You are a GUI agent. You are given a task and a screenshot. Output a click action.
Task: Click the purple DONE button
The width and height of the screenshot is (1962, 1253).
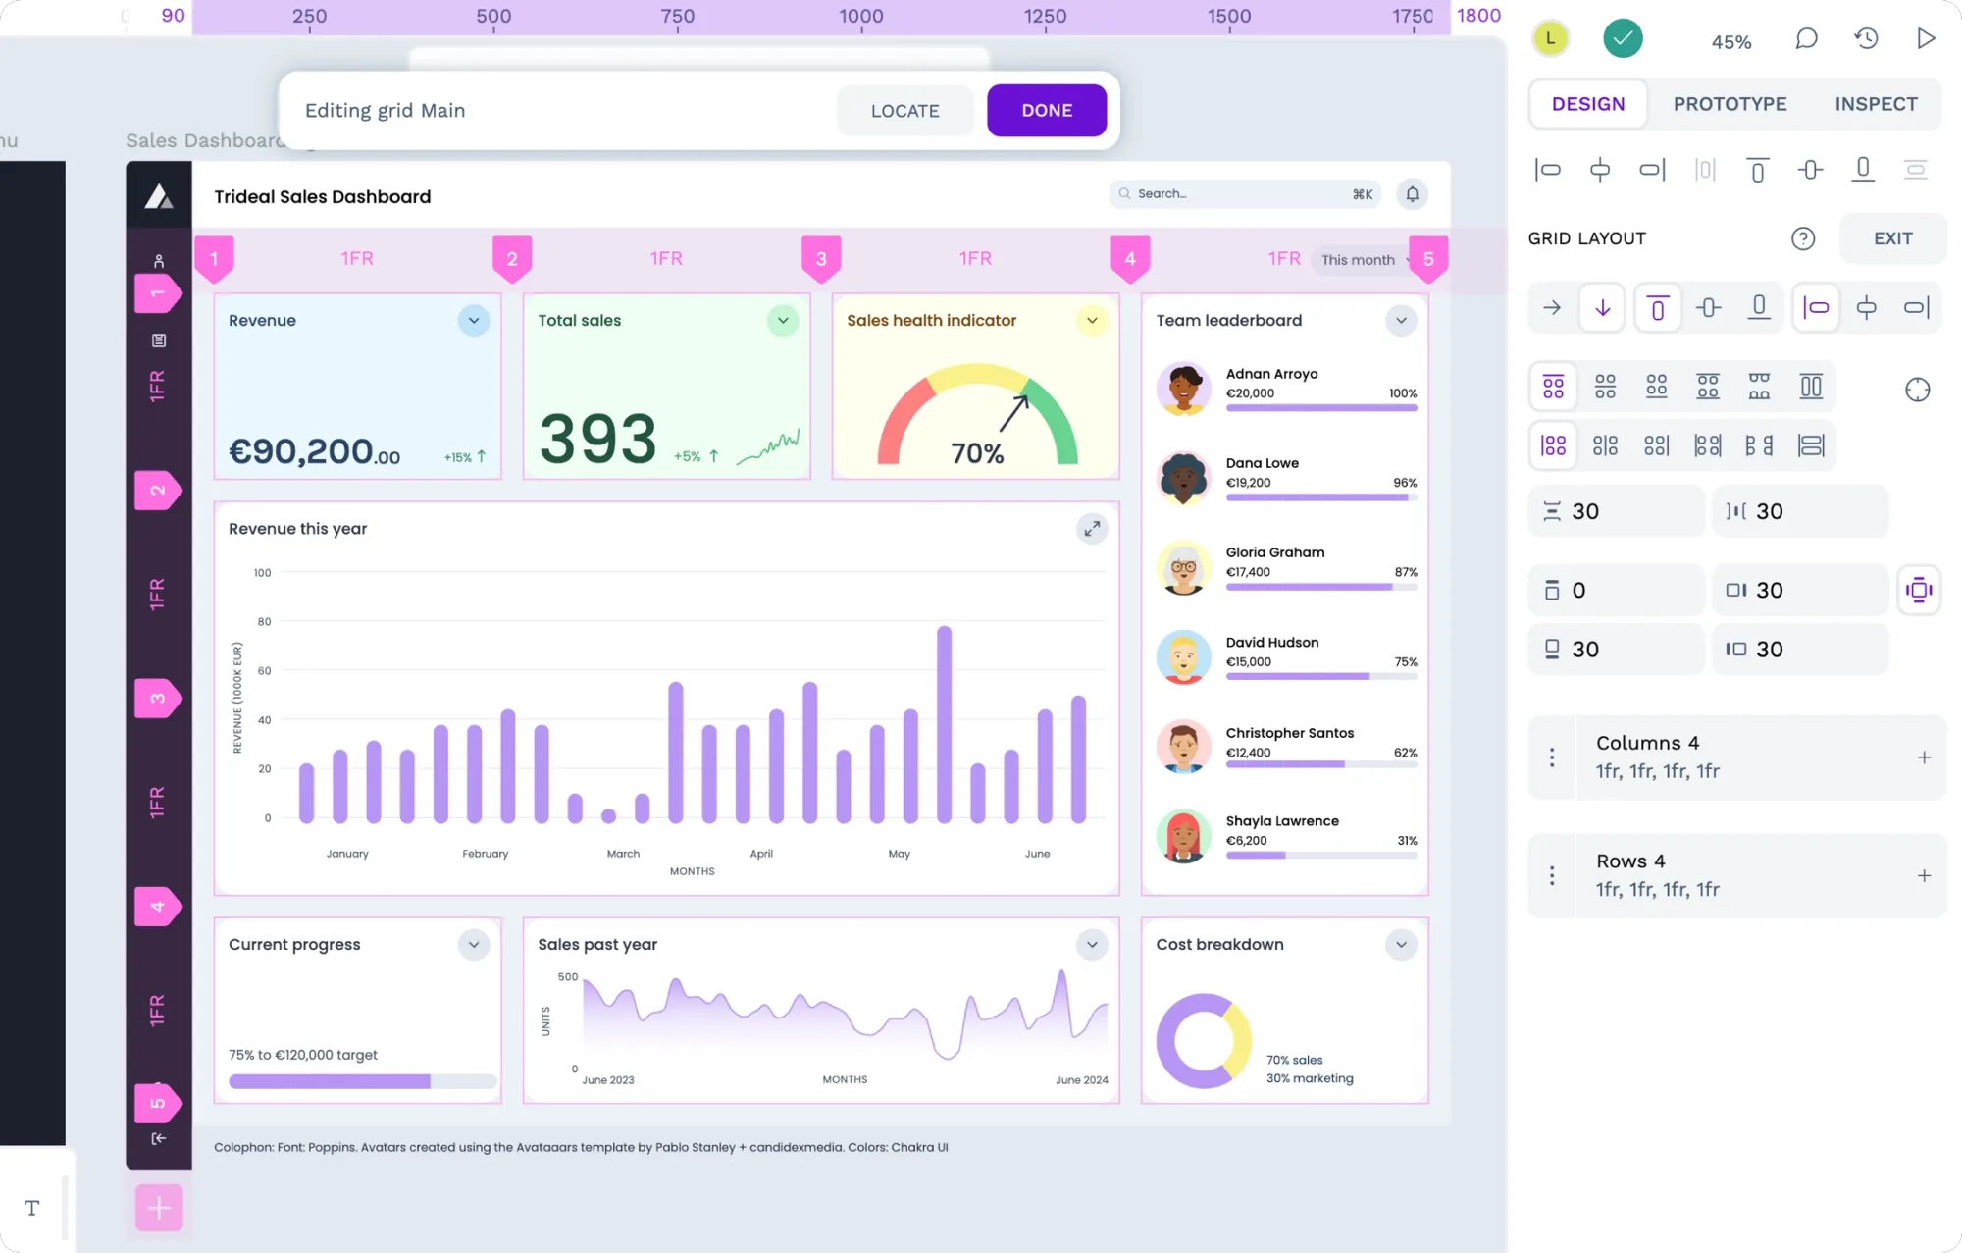point(1047,110)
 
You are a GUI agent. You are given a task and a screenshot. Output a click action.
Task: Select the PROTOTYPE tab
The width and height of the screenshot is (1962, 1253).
point(1730,104)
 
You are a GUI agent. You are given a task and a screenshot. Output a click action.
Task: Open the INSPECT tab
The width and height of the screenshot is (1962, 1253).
point(1876,104)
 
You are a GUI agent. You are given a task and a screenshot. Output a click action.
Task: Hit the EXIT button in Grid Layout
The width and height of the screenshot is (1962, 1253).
point(1892,238)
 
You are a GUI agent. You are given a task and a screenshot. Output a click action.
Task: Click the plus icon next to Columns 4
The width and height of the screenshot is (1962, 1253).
point(1924,757)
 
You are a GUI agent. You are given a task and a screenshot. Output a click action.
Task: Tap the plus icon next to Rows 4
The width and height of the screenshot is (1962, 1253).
point(1924,876)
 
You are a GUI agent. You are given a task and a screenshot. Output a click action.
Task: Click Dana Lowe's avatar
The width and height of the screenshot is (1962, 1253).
point(1183,479)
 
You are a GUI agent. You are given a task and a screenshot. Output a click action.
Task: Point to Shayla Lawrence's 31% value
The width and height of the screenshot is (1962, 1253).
point(1407,841)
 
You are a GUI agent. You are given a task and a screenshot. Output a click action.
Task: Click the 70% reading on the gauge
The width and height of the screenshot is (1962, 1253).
point(977,453)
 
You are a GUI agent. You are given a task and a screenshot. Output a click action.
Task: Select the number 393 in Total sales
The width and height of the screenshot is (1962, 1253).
point(597,439)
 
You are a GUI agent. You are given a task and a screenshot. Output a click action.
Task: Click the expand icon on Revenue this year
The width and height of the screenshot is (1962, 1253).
point(1092,529)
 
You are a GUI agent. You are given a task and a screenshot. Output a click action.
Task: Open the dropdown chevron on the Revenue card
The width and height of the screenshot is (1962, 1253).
point(474,321)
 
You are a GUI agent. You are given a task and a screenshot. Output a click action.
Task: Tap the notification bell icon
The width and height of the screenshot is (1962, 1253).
point(1413,194)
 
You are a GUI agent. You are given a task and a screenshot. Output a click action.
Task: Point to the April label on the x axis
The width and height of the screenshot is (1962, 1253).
point(761,854)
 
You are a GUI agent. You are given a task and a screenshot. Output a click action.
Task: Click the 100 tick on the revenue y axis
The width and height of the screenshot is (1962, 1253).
point(262,573)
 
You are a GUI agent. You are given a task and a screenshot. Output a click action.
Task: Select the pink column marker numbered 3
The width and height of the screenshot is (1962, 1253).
point(821,259)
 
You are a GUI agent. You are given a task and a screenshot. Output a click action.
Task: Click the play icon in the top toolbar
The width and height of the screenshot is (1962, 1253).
point(1926,38)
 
